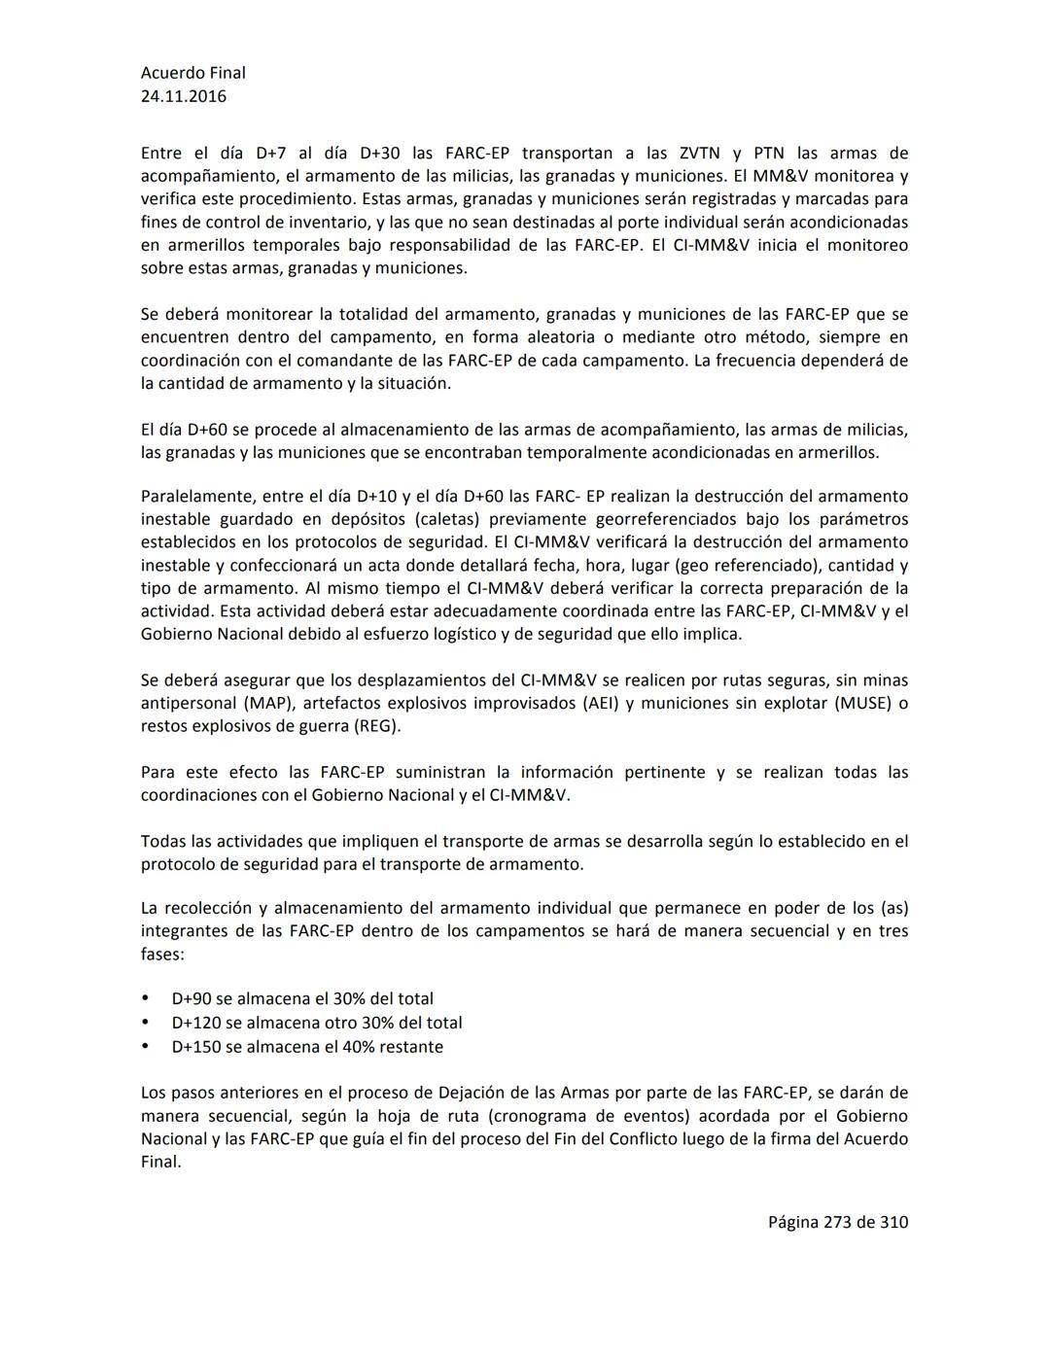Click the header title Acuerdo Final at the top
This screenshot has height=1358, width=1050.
(192, 73)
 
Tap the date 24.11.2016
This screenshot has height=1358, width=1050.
(184, 96)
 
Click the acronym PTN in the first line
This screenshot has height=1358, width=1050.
(769, 154)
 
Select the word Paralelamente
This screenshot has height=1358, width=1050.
(194, 497)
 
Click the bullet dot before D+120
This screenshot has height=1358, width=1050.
(146, 1023)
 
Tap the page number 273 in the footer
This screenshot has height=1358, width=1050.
(837, 1223)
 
